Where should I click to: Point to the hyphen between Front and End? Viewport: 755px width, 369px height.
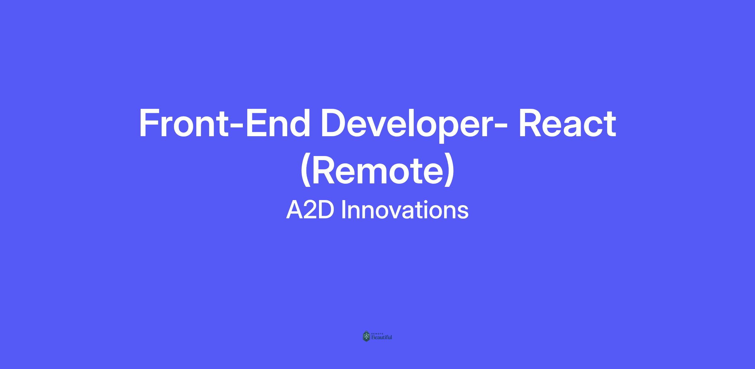237,127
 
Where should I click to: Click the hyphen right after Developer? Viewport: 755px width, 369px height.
500,127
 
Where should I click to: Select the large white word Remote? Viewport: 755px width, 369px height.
377,170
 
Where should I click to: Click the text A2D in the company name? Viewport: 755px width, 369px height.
310,210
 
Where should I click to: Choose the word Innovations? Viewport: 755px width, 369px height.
405,210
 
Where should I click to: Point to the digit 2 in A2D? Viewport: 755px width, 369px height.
310,210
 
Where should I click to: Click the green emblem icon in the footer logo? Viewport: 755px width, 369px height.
366,336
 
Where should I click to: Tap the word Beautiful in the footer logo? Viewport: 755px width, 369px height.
382,338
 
